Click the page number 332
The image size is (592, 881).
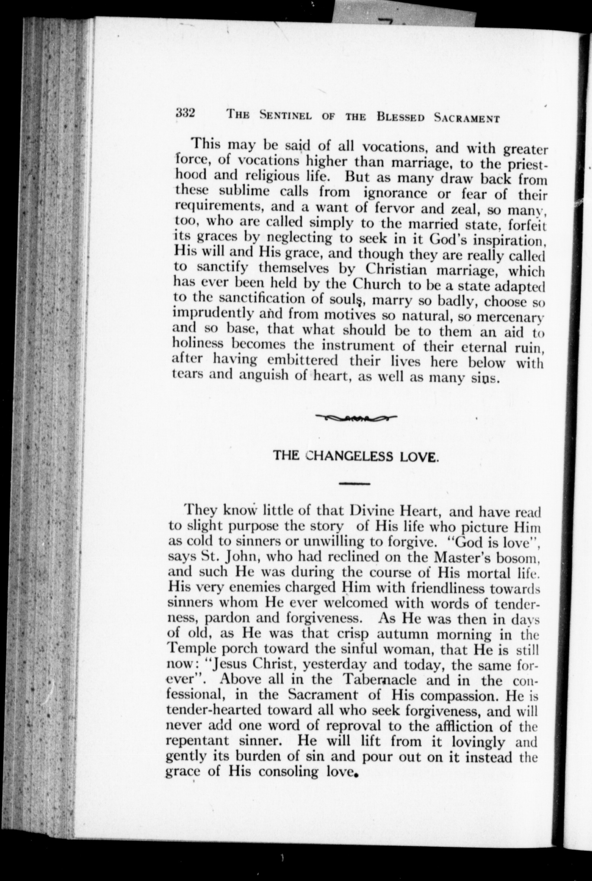tap(184, 113)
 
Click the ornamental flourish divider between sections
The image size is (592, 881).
tap(355, 417)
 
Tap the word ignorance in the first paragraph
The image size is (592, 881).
tap(395, 193)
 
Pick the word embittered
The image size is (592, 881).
tap(302, 360)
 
